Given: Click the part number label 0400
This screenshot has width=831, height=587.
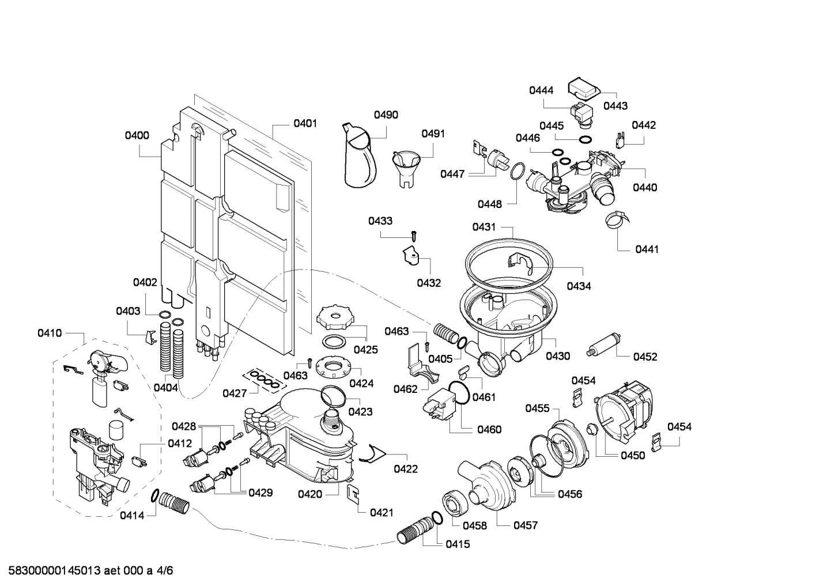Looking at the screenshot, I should click(137, 136).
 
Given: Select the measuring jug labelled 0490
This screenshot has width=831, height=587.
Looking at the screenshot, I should click(360, 157).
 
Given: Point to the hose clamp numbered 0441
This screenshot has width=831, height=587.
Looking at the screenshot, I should click(615, 221).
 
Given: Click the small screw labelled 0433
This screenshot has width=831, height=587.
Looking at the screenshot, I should click(413, 234).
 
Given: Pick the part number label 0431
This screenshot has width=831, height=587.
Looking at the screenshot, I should click(484, 227).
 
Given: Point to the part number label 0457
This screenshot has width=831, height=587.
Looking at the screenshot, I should click(525, 525).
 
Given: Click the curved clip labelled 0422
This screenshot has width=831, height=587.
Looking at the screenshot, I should click(369, 455).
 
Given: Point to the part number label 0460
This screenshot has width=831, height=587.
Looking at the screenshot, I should click(489, 429).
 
